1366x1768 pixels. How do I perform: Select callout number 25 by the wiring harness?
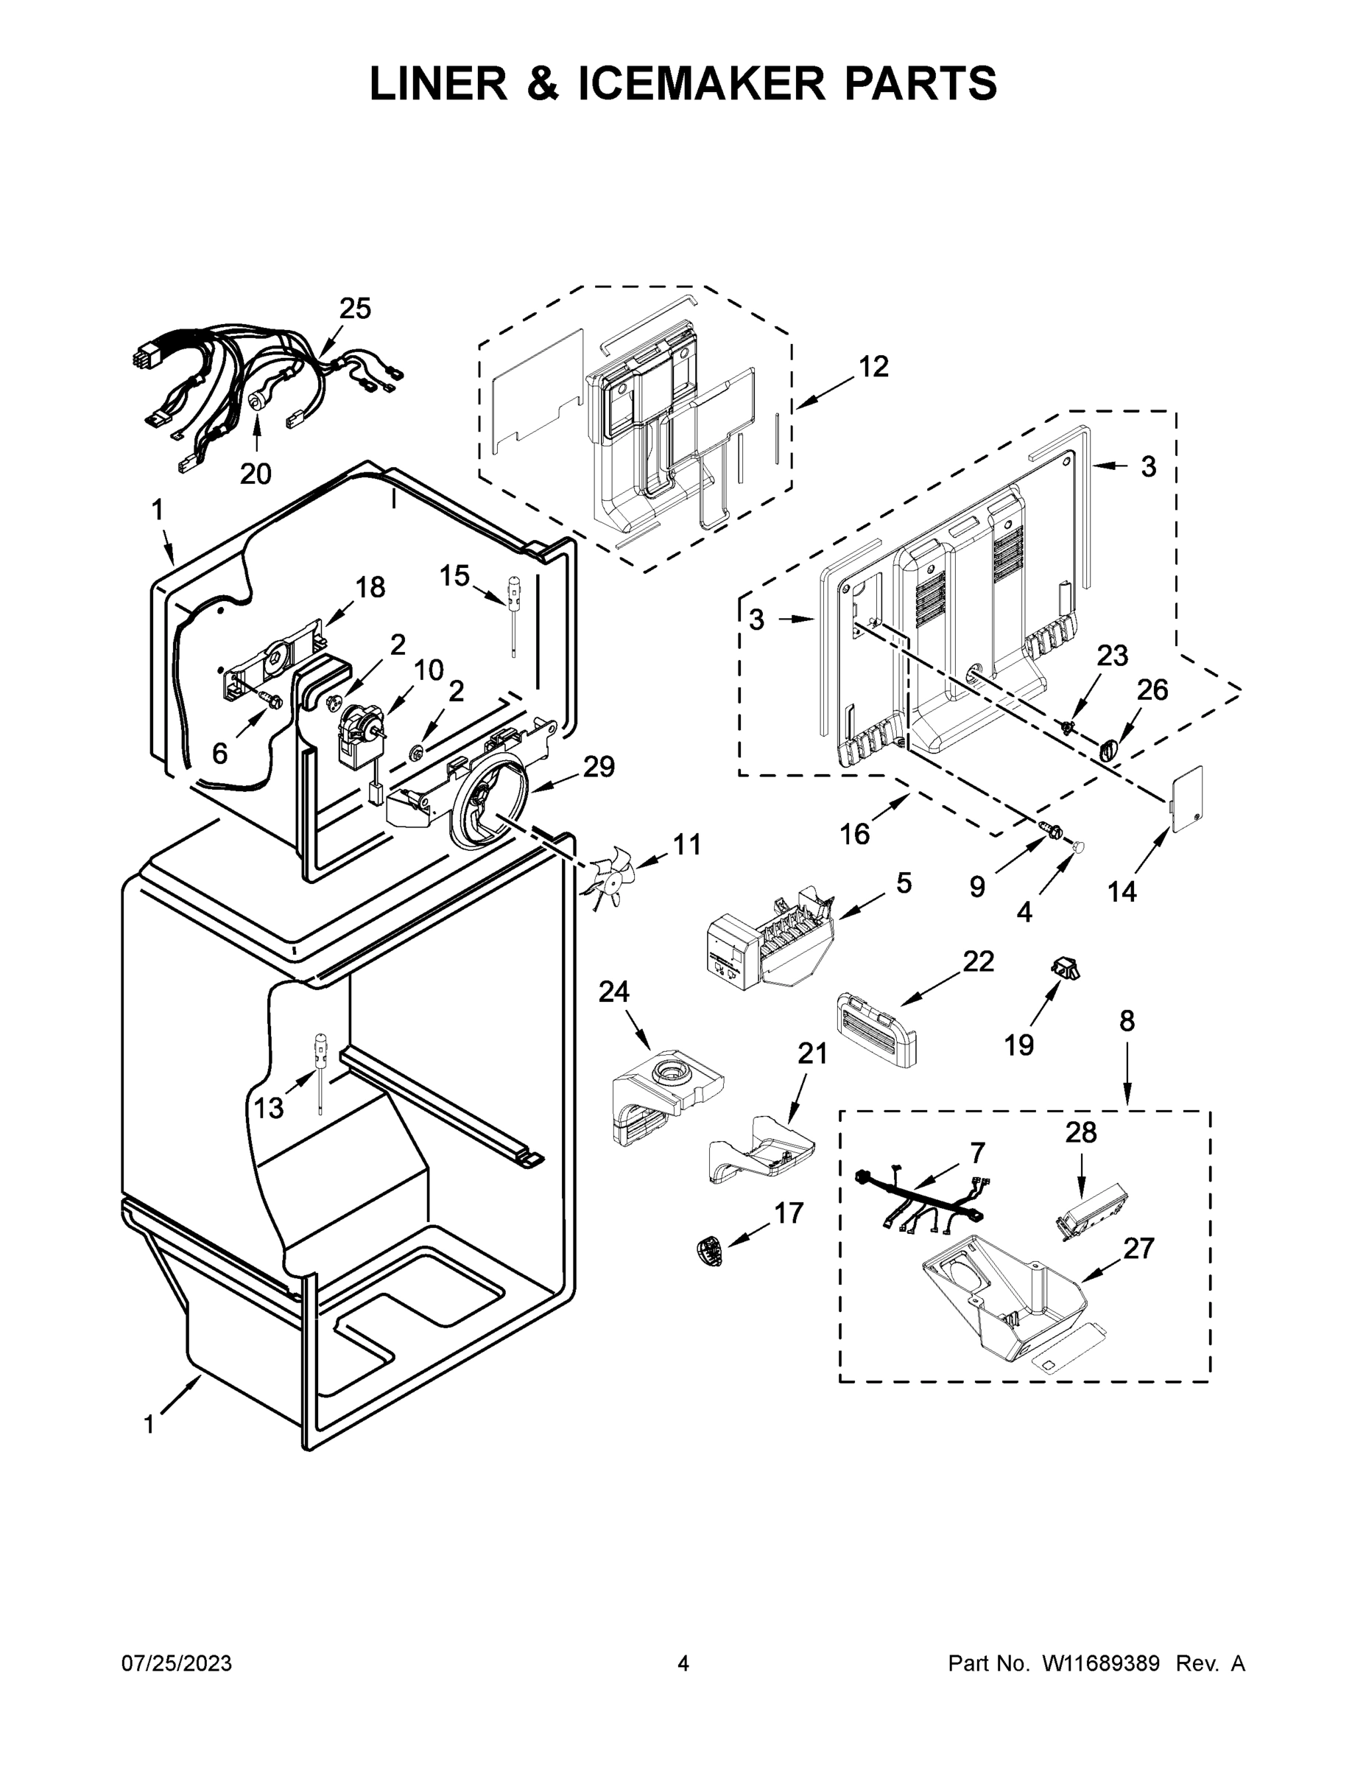[x=354, y=309]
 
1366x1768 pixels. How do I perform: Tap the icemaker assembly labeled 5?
[x=764, y=942]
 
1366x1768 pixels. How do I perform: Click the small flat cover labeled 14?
[x=1187, y=797]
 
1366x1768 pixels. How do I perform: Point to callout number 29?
[x=599, y=766]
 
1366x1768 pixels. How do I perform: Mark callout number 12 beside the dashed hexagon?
[x=873, y=367]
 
